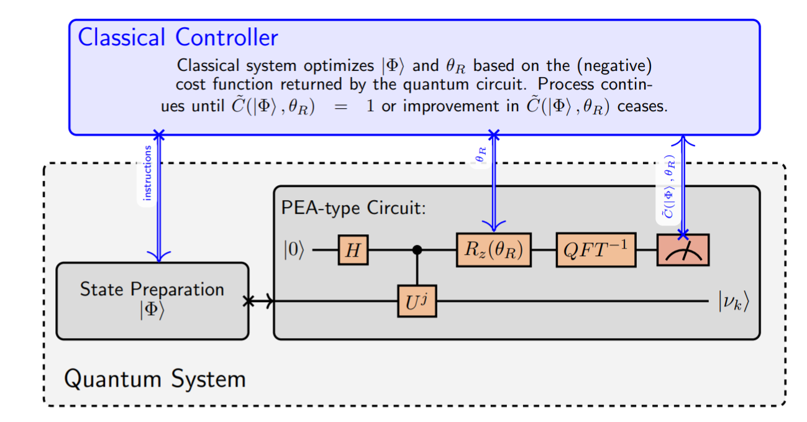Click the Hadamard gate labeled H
(353, 250)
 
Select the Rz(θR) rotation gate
(493, 250)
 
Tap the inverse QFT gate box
(596, 250)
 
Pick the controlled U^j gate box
(417, 301)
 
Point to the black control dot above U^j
(417, 250)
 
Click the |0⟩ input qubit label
(294, 249)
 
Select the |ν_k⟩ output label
(734, 301)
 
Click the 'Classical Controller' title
(178, 37)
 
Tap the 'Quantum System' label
(155, 378)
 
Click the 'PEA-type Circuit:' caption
(353, 208)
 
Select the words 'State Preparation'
(152, 289)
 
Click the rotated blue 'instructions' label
(147, 173)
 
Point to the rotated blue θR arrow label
(481, 155)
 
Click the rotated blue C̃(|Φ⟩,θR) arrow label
(669, 186)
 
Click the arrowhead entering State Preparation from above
(159, 257)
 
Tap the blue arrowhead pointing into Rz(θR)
(494, 226)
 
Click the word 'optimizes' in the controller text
(339, 66)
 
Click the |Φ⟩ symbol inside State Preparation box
(152, 310)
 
